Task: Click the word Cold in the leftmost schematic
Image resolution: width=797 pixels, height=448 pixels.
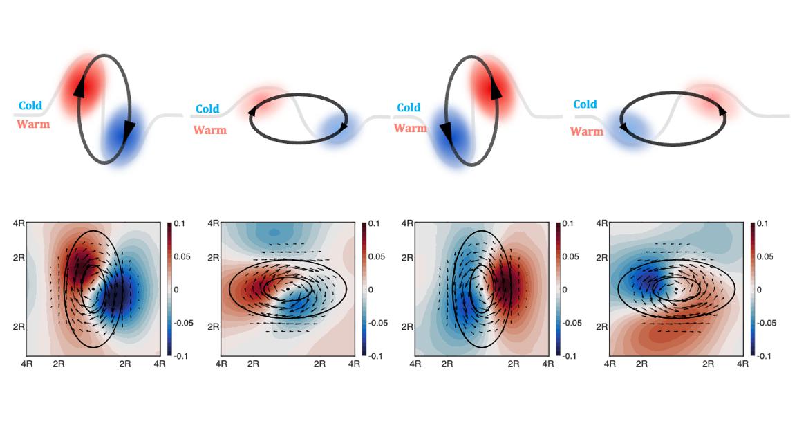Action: coord(30,106)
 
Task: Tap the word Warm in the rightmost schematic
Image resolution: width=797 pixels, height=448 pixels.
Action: coord(586,131)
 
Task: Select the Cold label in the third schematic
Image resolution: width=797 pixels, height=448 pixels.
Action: coord(409,107)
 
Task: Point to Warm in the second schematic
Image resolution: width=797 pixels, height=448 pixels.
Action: coord(210,130)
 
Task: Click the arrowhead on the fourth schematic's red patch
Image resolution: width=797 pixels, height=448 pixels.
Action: coord(722,111)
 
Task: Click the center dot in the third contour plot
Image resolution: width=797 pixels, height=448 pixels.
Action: coord(481,289)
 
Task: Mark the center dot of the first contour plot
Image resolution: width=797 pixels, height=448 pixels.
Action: coord(93,289)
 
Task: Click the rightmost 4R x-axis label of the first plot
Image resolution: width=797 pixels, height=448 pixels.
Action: coord(160,364)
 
